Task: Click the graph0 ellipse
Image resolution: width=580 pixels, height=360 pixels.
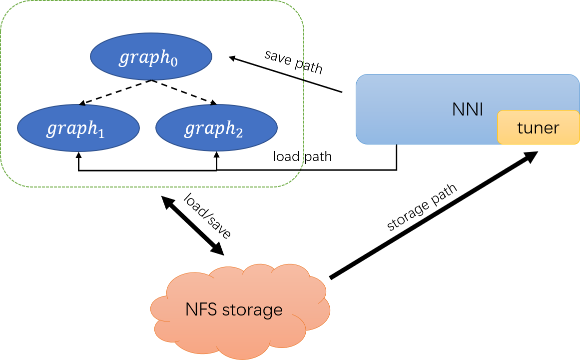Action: click(151, 56)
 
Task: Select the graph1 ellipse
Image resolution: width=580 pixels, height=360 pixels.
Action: click(78, 128)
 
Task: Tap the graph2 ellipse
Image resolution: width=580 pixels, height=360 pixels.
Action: click(216, 128)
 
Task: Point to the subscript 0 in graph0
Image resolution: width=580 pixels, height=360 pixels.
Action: click(173, 62)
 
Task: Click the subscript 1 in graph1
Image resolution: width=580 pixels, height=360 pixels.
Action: click(101, 133)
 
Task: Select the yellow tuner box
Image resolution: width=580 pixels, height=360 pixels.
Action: click(538, 127)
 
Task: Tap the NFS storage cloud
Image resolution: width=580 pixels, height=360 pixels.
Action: click(240, 311)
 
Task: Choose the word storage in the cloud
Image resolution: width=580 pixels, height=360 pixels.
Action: click(252, 310)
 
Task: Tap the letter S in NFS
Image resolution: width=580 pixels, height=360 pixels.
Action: click(212, 309)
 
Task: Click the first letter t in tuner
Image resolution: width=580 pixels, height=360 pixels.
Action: click(520, 128)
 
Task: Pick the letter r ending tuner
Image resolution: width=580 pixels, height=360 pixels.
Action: click(556, 129)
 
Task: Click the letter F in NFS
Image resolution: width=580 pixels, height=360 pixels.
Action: click(203, 309)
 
